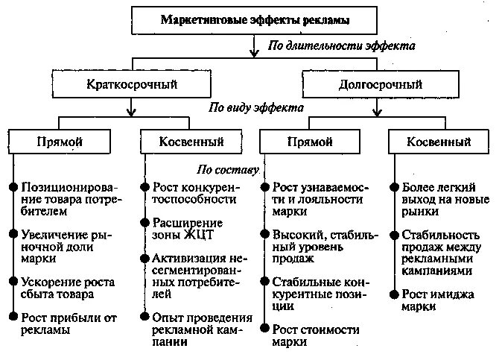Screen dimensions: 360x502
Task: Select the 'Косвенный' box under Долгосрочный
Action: (x=439, y=141)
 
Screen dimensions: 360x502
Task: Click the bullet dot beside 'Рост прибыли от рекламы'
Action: (x=13, y=317)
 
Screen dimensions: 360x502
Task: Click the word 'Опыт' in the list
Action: (x=168, y=316)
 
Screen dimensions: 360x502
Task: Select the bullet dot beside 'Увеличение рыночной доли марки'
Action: (x=13, y=234)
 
